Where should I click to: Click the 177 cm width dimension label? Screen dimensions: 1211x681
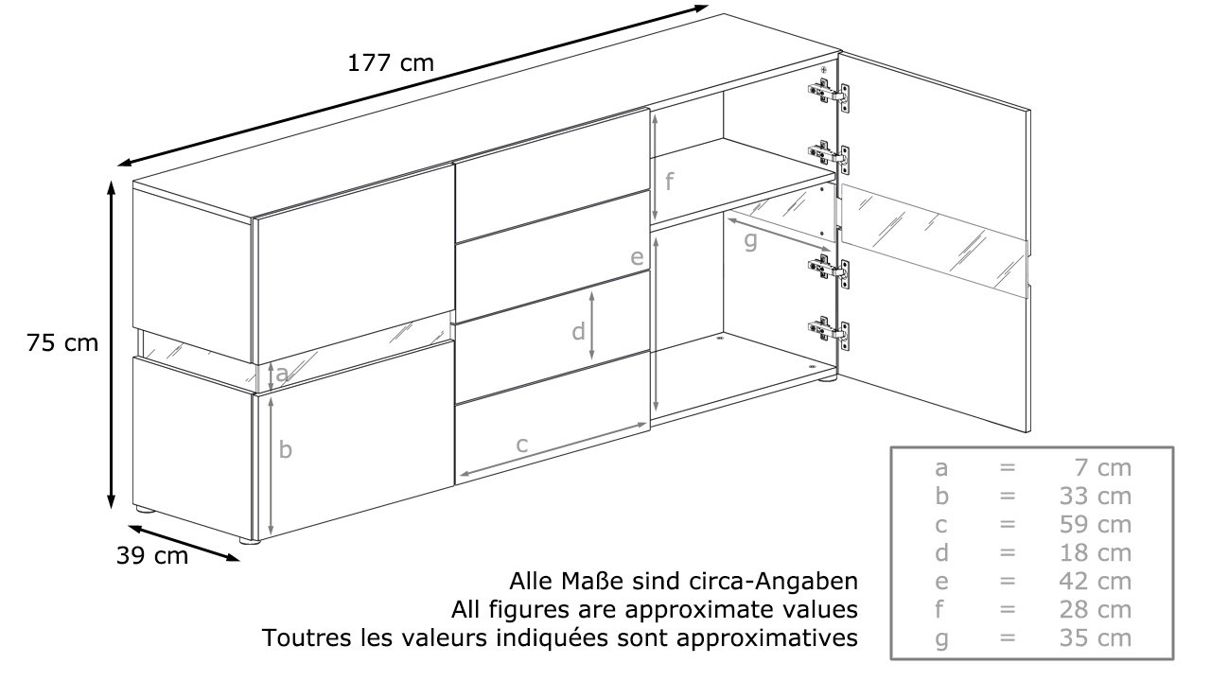391,63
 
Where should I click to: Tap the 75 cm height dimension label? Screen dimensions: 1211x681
62,343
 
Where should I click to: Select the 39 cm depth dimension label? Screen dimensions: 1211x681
152,555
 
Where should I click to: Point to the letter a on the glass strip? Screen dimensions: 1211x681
282,374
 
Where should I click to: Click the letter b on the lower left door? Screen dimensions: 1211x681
286,448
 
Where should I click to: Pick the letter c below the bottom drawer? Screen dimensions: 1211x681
521,445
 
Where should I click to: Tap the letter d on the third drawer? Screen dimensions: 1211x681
578,331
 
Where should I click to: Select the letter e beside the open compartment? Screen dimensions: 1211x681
638,257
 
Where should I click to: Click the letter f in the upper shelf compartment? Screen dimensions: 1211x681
669,181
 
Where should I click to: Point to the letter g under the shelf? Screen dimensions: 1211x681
750,240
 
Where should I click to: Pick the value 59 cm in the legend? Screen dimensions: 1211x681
1096,525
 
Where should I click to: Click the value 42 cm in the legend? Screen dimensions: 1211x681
1096,582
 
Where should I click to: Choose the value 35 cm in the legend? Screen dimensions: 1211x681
1096,638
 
